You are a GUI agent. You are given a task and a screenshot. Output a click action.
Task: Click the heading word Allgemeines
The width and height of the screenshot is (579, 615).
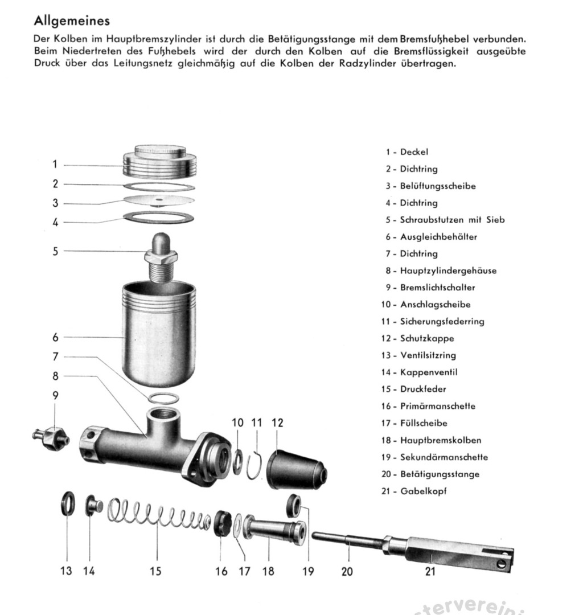point(72,22)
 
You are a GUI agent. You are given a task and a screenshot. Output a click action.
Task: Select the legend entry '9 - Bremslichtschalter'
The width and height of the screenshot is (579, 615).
point(430,288)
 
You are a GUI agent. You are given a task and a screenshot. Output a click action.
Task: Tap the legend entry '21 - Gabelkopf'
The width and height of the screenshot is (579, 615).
point(414,491)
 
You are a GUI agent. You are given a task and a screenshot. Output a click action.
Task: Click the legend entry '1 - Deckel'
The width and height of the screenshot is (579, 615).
point(406,152)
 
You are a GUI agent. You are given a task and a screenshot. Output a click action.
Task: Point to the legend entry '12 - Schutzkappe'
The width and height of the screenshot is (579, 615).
point(418,338)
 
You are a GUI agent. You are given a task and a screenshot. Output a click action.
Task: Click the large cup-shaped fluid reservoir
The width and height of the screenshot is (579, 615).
point(159,336)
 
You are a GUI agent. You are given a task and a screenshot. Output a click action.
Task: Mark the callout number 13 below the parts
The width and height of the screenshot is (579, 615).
point(66,571)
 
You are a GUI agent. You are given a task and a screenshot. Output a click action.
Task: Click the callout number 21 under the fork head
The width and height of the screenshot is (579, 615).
point(430,571)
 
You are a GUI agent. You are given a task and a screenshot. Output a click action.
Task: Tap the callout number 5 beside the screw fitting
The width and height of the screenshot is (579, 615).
point(55,251)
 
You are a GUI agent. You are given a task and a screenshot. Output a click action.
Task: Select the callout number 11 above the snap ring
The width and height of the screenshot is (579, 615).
point(257,423)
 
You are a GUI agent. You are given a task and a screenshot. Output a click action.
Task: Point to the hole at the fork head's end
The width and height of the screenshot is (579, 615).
point(502,563)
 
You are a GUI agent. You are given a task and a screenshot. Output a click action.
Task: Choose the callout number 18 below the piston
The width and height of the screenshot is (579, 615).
point(268,571)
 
